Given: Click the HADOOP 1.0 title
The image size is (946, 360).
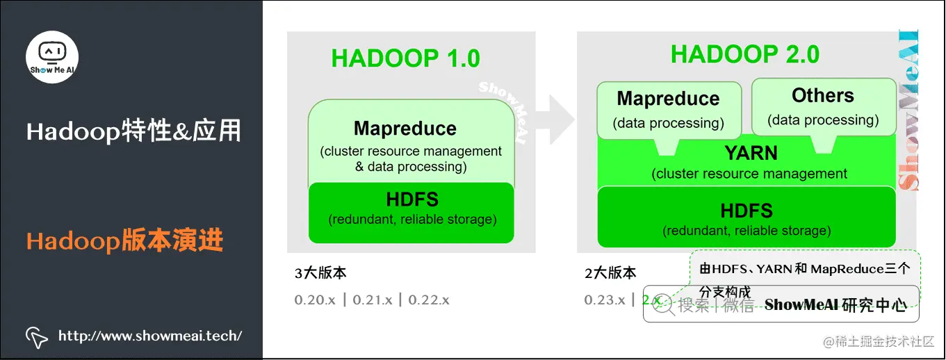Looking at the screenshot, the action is click(405, 58).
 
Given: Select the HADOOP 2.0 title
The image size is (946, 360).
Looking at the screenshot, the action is click(744, 54).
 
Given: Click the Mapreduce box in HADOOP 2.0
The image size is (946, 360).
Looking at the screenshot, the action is click(669, 109).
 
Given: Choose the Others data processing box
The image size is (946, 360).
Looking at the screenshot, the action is click(823, 106).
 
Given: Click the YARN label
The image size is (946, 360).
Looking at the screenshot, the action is click(751, 153).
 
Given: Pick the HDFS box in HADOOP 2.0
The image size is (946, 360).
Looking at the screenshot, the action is click(747, 218).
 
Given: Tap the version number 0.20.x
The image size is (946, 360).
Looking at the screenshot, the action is click(315, 300).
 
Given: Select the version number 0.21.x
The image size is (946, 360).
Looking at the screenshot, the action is click(373, 300).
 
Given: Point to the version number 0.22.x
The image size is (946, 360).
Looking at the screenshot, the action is click(429, 300).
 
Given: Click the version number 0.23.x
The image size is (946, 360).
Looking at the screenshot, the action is click(605, 300).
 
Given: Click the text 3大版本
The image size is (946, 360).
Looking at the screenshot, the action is click(320, 273).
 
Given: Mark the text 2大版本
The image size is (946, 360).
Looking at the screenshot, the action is click(610, 273).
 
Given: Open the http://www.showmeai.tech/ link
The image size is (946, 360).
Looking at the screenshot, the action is click(150, 336).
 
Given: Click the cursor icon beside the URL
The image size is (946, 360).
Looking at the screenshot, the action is click(36, 336).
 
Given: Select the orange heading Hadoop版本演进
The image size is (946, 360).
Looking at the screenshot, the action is click(125, 241).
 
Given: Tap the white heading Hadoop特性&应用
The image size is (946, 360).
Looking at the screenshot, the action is click(133, 131).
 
